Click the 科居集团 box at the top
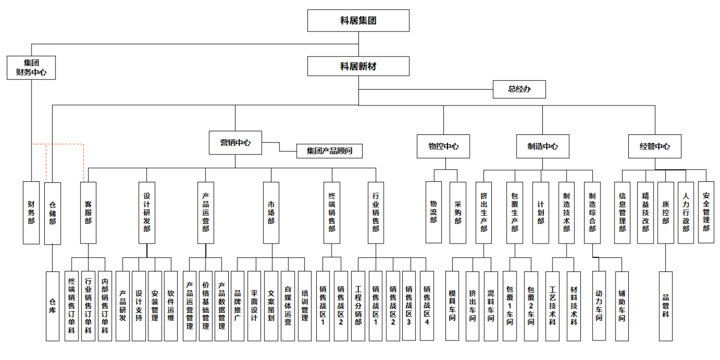tap(358, 21)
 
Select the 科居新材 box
tap(358, 66)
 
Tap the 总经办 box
tap(519, 90)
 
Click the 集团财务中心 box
tap(31, 67)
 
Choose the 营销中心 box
tap(235, 142)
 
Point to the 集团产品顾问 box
tap(330, 151)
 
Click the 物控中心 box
tap(443, 147)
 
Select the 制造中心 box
tap(542, 147)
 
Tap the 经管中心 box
tap(655, 147)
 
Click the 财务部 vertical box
tap(31, 212)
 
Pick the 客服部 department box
tap(88, 212)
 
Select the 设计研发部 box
tap(147, 212)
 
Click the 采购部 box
tap(458, 212)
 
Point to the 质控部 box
tap(666, 212)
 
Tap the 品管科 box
tap(666, 306)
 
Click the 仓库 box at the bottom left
tap(52, 306)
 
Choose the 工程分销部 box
tap(358, 306)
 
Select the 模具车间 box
tap(452, 306)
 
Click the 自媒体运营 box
tap(288, 306)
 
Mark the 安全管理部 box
tap(706, 212)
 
